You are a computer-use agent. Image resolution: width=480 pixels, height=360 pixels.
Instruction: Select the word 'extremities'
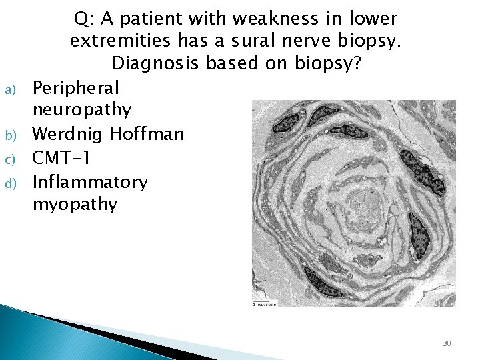(121, 41)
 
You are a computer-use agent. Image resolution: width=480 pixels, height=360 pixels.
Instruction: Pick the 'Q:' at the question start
(84, 19)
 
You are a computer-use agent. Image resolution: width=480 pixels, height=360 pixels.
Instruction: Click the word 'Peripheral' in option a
(75, 87)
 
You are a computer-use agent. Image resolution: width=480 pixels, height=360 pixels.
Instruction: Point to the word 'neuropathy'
(82, 110)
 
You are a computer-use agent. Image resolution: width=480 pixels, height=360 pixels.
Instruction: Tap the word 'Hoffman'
(147, 134)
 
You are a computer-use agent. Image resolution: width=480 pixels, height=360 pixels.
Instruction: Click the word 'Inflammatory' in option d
(90, 181)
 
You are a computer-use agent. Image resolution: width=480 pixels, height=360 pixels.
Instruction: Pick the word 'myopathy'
(75, 204)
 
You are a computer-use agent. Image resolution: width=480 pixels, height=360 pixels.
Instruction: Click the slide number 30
(447, 343)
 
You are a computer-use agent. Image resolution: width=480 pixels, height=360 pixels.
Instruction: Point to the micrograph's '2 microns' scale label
(264, 304)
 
